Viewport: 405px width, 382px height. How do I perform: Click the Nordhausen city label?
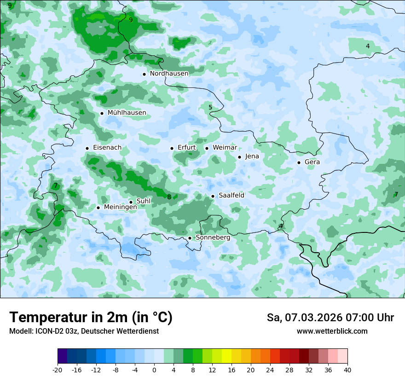coord(169,73)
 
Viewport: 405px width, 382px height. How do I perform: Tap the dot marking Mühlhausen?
coord(102,113)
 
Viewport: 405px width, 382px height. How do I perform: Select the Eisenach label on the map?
coord(107,148)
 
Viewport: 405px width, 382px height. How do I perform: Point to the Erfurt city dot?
coord(172,148)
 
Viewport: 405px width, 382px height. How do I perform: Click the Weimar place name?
coord(225,148)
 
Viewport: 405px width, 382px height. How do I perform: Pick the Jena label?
coord(252,156)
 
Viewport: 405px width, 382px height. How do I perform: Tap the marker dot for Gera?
coord(299,162)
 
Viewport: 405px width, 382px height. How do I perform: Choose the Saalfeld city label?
coord(231,196)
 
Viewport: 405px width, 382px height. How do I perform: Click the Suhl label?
coord(144,202)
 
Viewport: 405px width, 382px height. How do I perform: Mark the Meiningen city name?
coord(120,208)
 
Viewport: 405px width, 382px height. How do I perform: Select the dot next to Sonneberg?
coord(190,238)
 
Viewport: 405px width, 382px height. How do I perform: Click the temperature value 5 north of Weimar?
coord(210,108)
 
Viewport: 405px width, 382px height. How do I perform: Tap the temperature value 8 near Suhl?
coord(169,197)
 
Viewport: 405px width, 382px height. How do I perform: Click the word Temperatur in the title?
coord(46,318)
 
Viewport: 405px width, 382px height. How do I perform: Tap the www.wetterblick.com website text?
coord(332,331)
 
